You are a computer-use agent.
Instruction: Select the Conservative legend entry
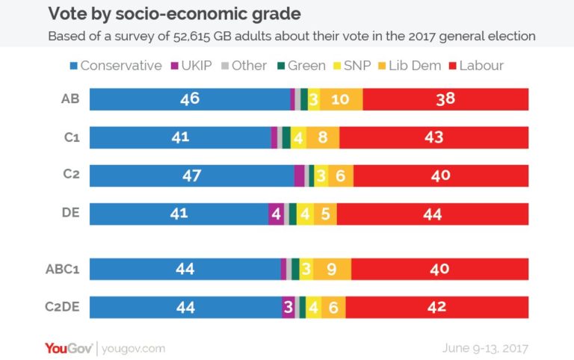pyautogui.click(x=115, y=66)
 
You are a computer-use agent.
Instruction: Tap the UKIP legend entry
pyautogui.click(x=196, y=66)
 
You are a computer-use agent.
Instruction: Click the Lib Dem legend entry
pyautogui.click(x=407, y=66)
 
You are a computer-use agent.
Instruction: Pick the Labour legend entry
pyautogui.click(x=476, y=66)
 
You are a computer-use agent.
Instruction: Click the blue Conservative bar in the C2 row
pyautogui.click(x=191, y=176)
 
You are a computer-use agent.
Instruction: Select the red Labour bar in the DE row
pyautogui.click(x=432, y=214)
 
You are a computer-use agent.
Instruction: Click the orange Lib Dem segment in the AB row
pyautogui.click(x=342, y=99)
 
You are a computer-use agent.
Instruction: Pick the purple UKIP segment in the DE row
pyautogui.click(x=277, y=214)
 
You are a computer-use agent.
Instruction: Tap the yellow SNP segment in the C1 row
pyautogui.click(x=299, y=137)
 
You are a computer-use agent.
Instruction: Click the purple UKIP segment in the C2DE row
pyautogui.click(x=288, y=307)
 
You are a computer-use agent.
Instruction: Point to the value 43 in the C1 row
pyautogui.click(x=433, y=137)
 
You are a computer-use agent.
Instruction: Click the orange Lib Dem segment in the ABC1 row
pyautogui.click(x=332, y=269)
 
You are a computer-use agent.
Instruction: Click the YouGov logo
pyautogui.click(x=68, y=348)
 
